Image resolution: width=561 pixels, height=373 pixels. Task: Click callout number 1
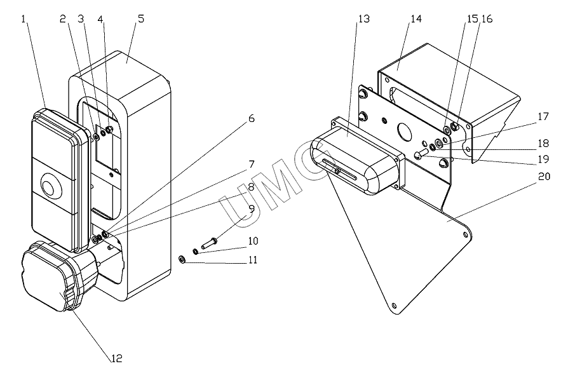(24, 19)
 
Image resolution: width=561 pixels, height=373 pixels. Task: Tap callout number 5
(141, 19)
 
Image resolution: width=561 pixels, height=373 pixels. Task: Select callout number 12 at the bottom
(117, 358)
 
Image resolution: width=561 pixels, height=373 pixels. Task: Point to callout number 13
(364, 19)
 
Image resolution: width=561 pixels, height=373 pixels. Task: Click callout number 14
(416, 19)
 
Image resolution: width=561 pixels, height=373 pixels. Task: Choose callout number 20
(544, 176)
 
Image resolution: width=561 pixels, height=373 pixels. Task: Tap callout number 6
(251, 118)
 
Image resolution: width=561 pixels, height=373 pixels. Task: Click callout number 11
(253, 259)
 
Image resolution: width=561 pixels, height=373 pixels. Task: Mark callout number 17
(543, 116)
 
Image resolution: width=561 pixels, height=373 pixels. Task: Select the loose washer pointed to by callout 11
(182, 259)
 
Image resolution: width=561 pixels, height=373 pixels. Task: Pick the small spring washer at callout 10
(196, 251)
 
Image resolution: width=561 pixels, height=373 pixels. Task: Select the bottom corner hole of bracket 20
(394, 306)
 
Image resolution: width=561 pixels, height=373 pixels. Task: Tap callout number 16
(487, 19)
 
